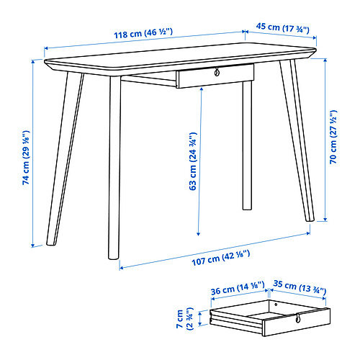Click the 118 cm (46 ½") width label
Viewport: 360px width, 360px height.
click(x=143, y=33)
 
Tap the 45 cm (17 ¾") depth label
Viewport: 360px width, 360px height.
click(x=283, y=27)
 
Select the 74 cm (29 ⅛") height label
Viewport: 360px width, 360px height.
click(x=26, y=158)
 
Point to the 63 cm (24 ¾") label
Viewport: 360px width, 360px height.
click(x=193, y=161)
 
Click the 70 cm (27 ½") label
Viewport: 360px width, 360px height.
click(x=333, y=137)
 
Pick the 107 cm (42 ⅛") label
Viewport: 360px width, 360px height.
click(x=221, y=258)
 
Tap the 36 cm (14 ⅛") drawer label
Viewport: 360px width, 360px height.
click(x=238, y=288)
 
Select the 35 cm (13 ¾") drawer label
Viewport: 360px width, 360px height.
click(x=300, y=287)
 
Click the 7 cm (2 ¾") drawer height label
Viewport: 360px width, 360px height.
click(x=185, y=319)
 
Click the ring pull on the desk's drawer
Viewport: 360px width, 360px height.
click(x=217, y=72)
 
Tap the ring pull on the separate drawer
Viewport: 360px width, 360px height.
click(x=298, y=318)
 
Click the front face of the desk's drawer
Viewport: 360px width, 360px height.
click(x=215, y=76)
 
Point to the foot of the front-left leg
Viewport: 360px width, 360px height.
click(x=113, y=257)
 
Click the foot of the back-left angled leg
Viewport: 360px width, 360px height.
click(x=51, y=243)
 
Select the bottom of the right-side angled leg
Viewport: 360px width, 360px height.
click(x=310, y=219)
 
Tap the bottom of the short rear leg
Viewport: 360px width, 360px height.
click(x=247, y=208)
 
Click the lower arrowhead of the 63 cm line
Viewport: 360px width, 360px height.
click(x=198, y=234)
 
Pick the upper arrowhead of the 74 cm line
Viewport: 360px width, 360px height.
click(x=33, y=61)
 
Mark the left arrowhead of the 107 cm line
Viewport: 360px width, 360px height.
click(x=122, y=268)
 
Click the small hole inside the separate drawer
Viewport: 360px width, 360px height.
click(x=276, y=305)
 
